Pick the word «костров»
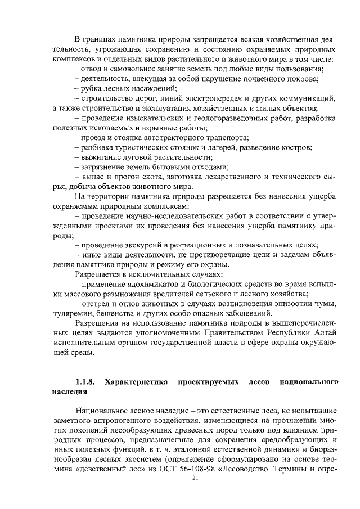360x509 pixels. [298, 147]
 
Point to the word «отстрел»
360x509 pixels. [94, 304]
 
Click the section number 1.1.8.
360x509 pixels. [85, 382]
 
